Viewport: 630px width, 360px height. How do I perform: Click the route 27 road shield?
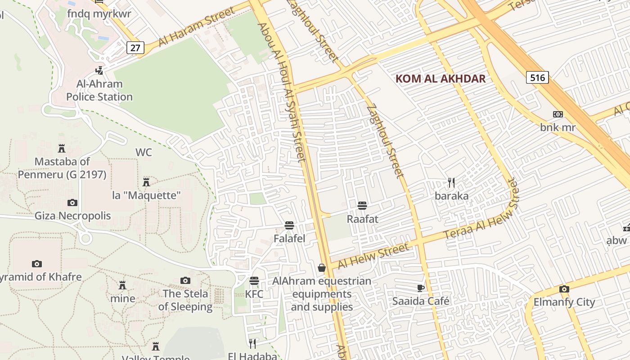pyautogui.click(x=135, y=47)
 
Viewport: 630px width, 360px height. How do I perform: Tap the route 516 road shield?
pyautogui.click(x=537, y=77)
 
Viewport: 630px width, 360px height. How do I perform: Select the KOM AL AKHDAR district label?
pyautogui.click(x=440, y=79)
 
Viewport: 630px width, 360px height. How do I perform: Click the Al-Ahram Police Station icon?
pyautogui.click(x=99, y=71)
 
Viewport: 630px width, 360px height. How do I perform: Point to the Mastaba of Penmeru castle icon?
pyautogui.click(x=62, y=148)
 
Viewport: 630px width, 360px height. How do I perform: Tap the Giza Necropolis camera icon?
pyautogui.click(x=72, y=203)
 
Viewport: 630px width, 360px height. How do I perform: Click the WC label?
pyautogui.click(x=144, y=153)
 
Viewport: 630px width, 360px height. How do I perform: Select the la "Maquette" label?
pyautogui.click(x=146, y=195)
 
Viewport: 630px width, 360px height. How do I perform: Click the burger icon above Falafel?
pyautogui.click(x=289, y=225)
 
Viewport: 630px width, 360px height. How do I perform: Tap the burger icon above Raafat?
pyautogui.click(x=362, y=206)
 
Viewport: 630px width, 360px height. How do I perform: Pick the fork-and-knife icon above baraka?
pyautogui.click(x=451, y=183)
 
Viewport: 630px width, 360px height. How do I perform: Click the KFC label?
pyautogui.click(x=254, y=294)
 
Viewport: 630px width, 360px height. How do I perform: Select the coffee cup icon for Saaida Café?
pyautogui.click(x=420, y=288)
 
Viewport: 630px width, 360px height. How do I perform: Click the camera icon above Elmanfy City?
pyautogui.click(x=564, y=289)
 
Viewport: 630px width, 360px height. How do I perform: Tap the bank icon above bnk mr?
pyautogui.click(x=558, y=114)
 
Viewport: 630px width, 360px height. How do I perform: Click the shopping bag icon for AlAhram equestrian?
pyautogui.click(x=322, y=268)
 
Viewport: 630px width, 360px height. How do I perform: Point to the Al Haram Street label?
pyautogui.click(x=196, y=28)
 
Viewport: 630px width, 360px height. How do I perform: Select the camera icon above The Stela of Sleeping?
pyautogui.click(x=185, y=281)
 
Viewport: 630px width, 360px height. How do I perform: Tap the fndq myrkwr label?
pyautogui.click(x=99, y=13)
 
